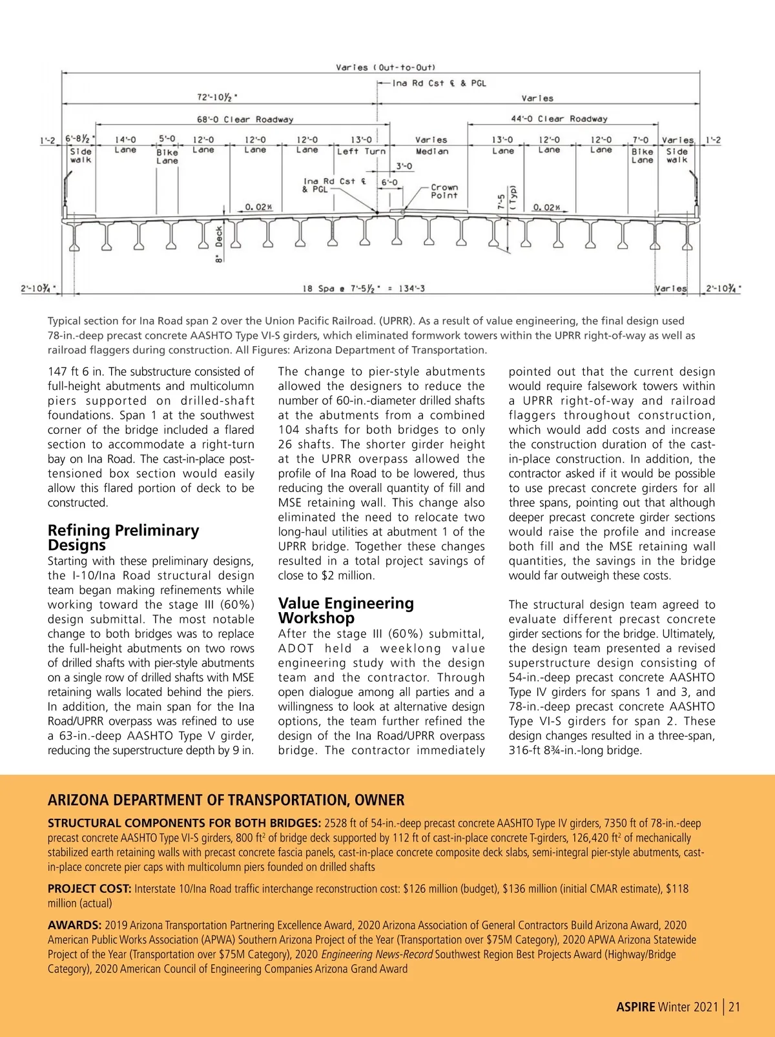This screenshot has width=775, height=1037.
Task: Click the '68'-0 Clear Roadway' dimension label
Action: pyautogui.click(x=245, y=119)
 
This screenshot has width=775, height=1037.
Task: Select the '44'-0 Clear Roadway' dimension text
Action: pyautogui.click(x=559, y=119)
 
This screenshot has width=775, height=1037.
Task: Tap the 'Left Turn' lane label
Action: pyautogui.click(x=361, y=151)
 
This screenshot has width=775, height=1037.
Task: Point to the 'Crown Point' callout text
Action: pyautogui.click(x=444, y=191)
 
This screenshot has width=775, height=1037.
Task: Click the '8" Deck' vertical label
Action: pyautogui.click(x=220, y=244)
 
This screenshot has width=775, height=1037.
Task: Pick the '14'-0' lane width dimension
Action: pyautogui.click(x=125, y=139)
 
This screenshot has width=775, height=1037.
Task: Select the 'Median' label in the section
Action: pyautogui.click(x=432, y=151)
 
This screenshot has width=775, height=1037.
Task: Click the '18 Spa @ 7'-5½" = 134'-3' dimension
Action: pyautogui.click(x=364, y=289)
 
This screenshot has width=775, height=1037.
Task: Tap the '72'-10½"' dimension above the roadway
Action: pyautogui.click(x=217, y=98)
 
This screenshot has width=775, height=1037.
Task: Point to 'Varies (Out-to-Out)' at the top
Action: pyautogui.click(x=386, y=67)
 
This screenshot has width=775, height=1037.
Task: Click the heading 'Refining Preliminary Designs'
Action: pyautogui.click(x=123, y=537)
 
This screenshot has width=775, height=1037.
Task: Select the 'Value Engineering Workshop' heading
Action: pyautogui.click(x=346, y=610)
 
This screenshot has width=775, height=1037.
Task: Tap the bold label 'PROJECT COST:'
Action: pyautogui.click(x=89, y=888)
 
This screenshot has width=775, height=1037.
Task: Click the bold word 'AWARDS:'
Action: pyautogui.click(x=74, y=925)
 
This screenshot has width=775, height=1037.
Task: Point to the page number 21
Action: pyautogui.click(x=734, y=1007)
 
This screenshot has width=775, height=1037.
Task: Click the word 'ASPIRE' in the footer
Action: pyautogui.click(x=635, y=1007)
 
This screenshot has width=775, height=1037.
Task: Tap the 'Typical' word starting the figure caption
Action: pyautogui.click(x=66, y=321)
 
